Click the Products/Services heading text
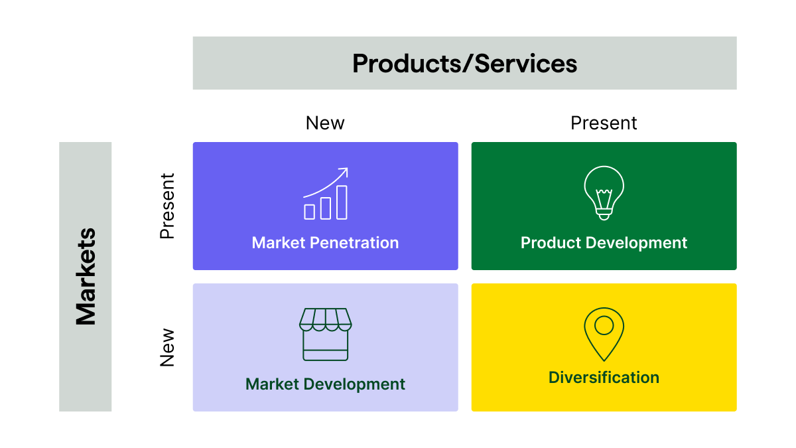pos(464,64)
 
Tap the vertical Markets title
pos(86,276)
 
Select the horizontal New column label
pos(325,123)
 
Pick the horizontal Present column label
pos(604,123)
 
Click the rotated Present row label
pos(167,206)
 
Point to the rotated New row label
pos(167,347)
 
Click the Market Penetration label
pos(325,243)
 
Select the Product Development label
pos(604,243)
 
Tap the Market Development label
pos(325,384)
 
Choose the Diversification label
pos(604,378)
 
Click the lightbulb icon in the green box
pos(604,192)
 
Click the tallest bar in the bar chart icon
pos(342,202)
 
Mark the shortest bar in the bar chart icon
pos(310,212)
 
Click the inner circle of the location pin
pos(604,325)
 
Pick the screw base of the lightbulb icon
pos(604,214)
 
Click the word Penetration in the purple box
pos(355,243)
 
